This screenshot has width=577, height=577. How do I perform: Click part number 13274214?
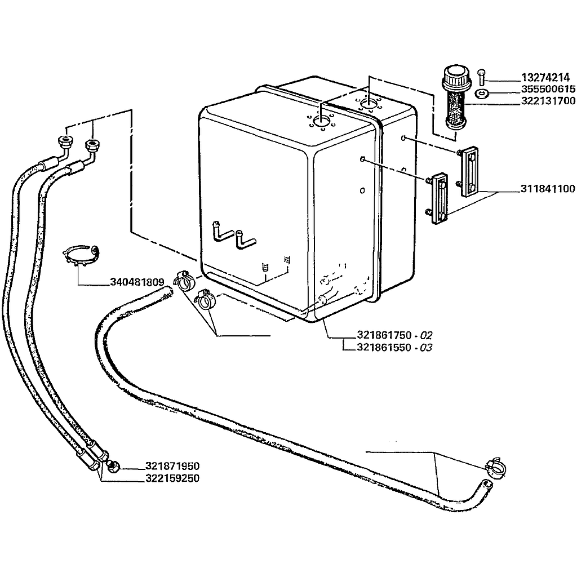point(544,77)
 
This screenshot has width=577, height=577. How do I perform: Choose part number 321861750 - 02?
point(394,335)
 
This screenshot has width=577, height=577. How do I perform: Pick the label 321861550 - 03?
point(394,347)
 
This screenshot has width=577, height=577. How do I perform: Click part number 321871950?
point(172,467)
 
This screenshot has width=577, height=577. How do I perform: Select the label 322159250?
point(172,478)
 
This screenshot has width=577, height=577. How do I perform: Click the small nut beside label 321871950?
point(113,467)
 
